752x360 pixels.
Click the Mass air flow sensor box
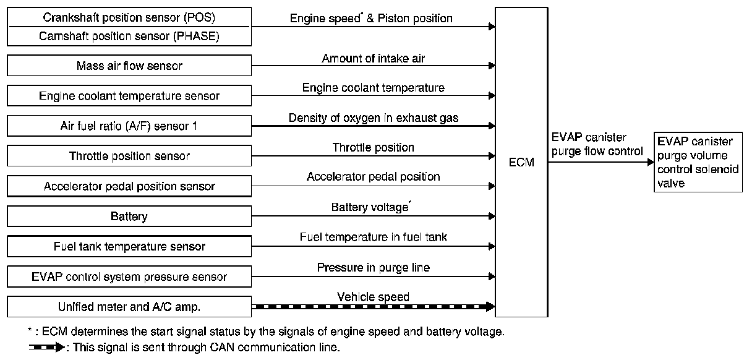(x=129, y=65)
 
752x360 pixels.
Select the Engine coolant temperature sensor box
(x=129, y=95)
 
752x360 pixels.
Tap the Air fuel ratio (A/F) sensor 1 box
(x=129, y=126)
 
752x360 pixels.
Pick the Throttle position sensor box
(x=129, y=156)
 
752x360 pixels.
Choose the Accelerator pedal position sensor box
(x=129, y=186)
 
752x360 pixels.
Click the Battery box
(x=129, y=216)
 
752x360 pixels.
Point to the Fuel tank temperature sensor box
(x=129, y=247)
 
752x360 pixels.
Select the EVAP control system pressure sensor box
(x=129, y=277)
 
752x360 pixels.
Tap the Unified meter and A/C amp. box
(x=129, y=307)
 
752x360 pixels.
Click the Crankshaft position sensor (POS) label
(x=129, y=16)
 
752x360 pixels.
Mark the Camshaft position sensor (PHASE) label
(x=129, y=36)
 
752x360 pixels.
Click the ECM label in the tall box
(x=521, y=163)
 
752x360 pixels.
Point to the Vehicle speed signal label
(x=373, y=297)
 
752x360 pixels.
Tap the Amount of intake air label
(x=373, y=59)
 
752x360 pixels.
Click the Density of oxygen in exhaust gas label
(x=374, y=118)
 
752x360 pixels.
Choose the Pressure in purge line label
(x=373, y=267)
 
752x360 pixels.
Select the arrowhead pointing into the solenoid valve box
(x=650, y=162)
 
